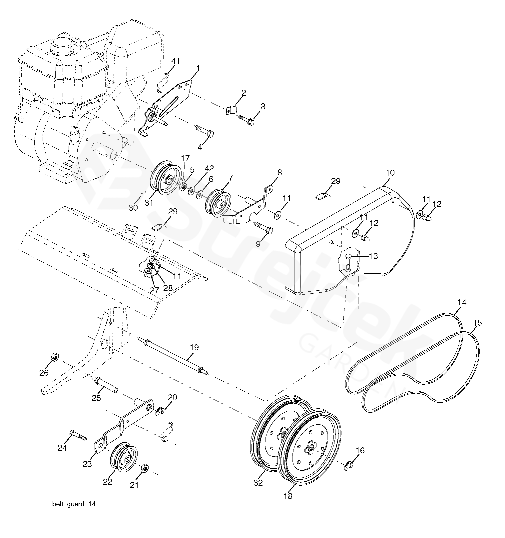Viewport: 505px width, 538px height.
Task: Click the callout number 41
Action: pyautogui.click(x=176, y=61)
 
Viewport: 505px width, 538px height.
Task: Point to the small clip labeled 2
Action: pyautogui.click(x=231, y=109)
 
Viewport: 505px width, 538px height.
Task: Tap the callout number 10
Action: pyautogui.click(x=390, y=173)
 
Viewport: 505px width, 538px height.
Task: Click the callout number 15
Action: pyautogui.click(x=477, y=323)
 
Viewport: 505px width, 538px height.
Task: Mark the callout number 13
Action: pyautogui.click(x=373, y=256)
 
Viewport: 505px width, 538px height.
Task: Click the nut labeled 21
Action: pyautogui.click(x=144, y=468)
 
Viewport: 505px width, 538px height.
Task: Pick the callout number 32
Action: pyautogui.click(x=258, y=482)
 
